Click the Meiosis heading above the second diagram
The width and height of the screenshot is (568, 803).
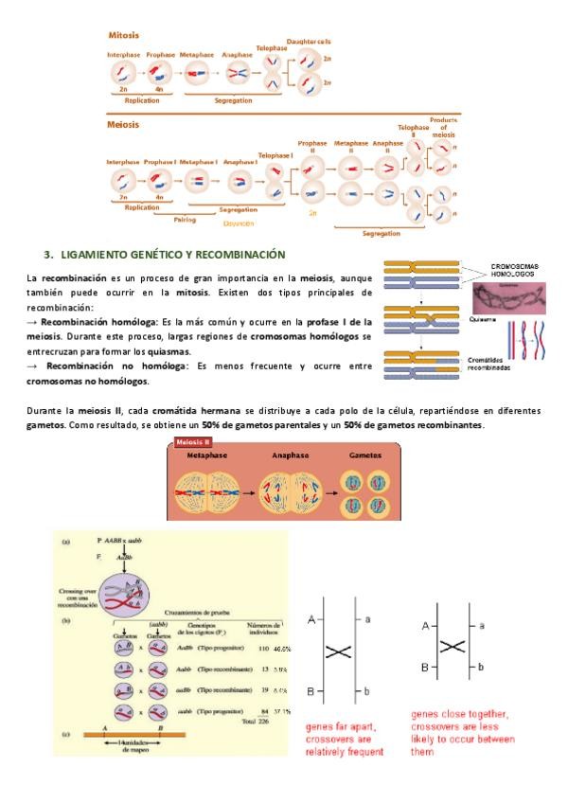tap(123, 124)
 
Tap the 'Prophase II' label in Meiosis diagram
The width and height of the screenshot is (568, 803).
tap(311, 148)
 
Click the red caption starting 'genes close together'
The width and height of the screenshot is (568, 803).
tap(459, 733)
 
